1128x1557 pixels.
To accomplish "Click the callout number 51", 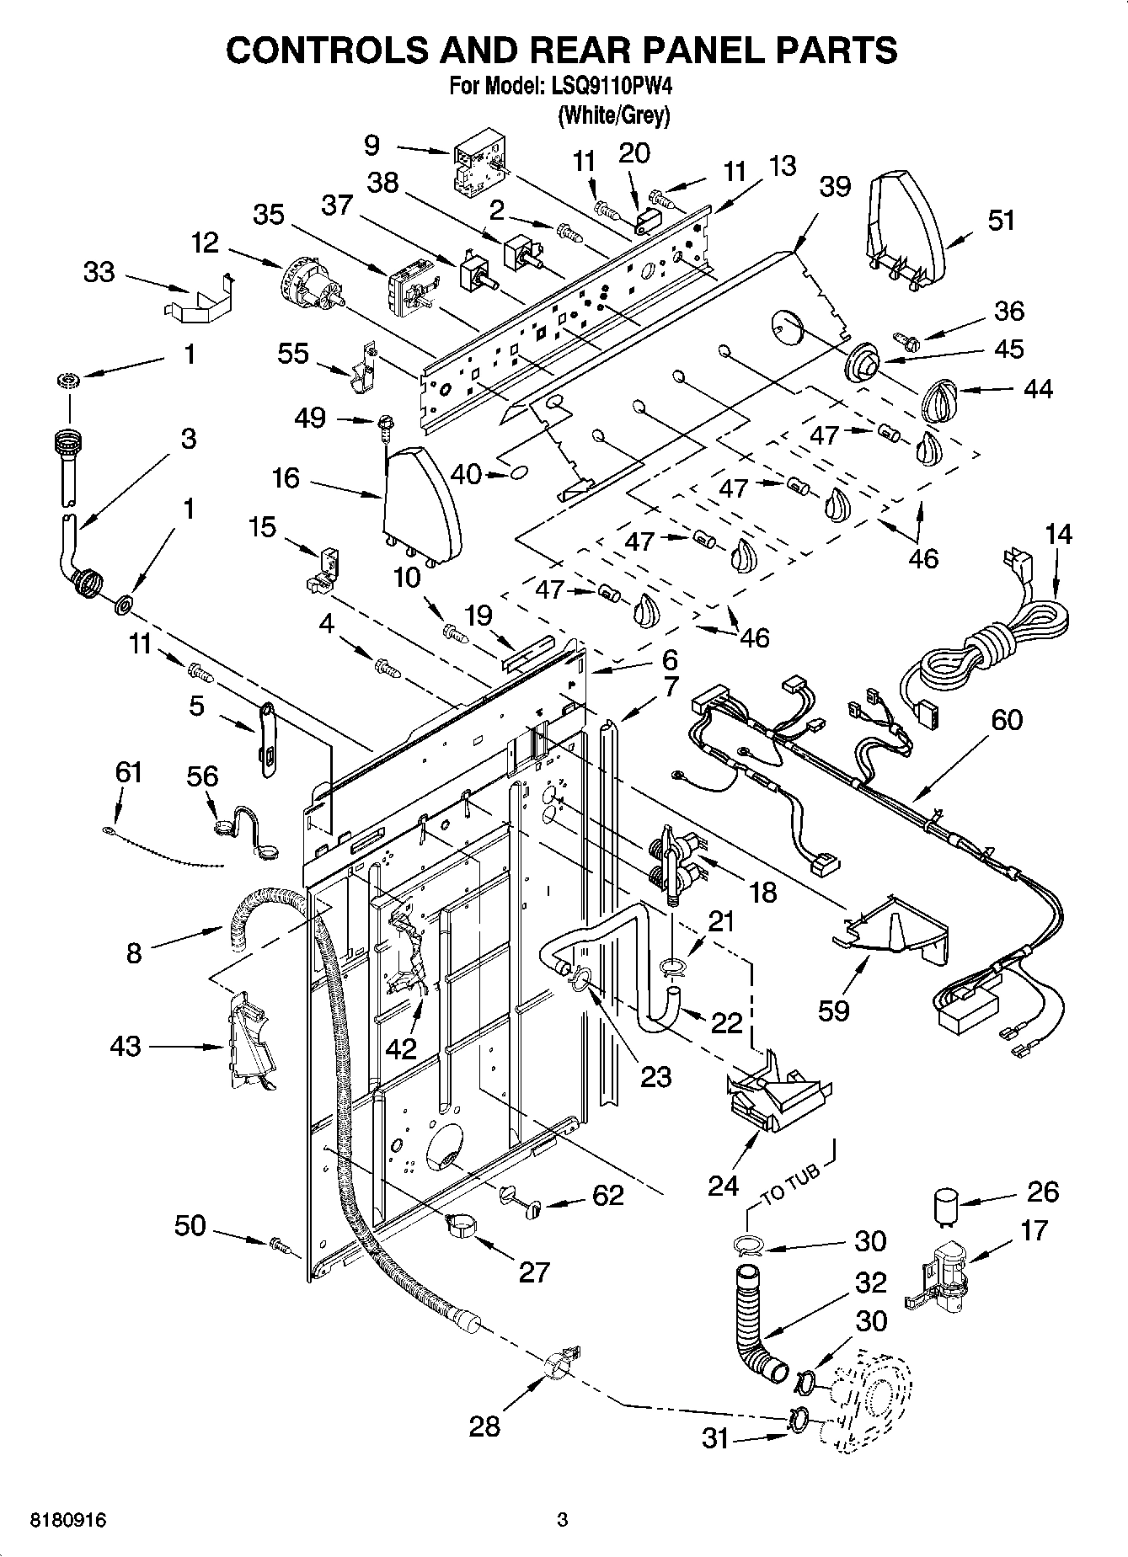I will tap(1001, 221).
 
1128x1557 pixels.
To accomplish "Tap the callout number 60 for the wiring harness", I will tap(1006, 720).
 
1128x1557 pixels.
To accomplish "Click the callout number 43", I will tap(126, 1047).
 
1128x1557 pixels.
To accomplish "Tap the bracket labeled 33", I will tap(196, 300).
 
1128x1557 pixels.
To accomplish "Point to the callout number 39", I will tap(835, 187).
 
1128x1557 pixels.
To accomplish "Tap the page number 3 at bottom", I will tap(562, 1521).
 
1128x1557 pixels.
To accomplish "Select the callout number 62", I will tap(608, 1195).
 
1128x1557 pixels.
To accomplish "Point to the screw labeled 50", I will tap(280, 1243).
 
